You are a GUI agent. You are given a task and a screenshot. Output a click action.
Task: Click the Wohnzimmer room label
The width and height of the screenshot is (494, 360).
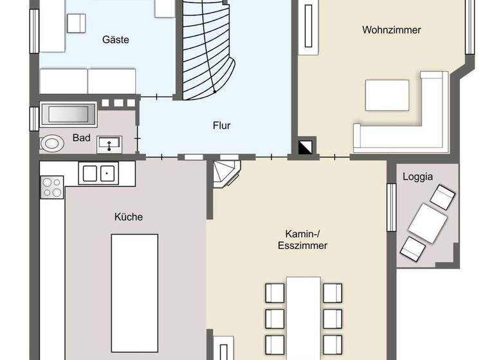(391, 30)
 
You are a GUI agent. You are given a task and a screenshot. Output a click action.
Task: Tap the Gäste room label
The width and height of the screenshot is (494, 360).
(116, 40)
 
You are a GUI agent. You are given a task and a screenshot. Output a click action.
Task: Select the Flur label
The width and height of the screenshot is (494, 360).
(221, 125)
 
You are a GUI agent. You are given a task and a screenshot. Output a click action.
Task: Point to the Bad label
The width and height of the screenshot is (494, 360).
(81, 138)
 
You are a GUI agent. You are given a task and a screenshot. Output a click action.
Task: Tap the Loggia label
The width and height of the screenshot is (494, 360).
(417, 176)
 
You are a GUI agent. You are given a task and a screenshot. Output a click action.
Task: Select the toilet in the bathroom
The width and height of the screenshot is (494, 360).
(51, 143)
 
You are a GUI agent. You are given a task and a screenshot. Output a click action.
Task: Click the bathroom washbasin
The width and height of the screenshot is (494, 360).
(109, 144)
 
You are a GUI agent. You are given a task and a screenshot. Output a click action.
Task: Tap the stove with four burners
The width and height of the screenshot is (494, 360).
(52, 187)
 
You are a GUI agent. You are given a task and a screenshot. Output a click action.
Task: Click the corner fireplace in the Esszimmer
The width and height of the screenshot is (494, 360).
(226, 174)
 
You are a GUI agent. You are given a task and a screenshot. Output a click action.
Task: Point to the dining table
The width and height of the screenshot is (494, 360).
(304, 315)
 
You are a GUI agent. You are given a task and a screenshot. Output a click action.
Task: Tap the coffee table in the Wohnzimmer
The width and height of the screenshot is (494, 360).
(387, 95)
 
